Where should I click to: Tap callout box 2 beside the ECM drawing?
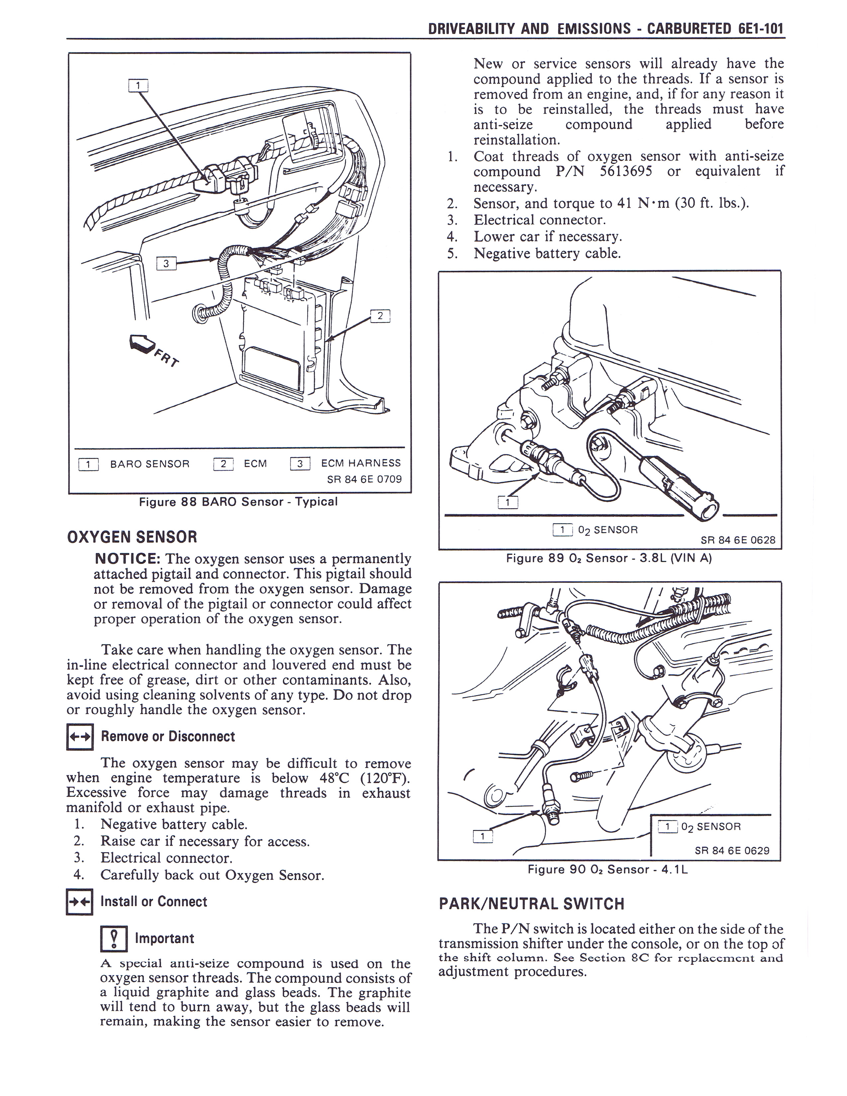(380, 316)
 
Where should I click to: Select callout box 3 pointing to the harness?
(166, 263)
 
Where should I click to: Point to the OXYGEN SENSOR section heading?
(132, 537)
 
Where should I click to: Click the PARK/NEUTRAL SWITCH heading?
(531, 904)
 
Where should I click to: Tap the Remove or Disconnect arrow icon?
(80, 737)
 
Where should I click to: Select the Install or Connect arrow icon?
(79, 902)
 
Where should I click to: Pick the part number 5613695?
(626, 171)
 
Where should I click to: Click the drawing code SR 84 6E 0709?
(364, 479)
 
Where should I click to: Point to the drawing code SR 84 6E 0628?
(738, 540)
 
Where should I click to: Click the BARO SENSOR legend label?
(149, 464)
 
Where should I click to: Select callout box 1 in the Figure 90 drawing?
(483, 836)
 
